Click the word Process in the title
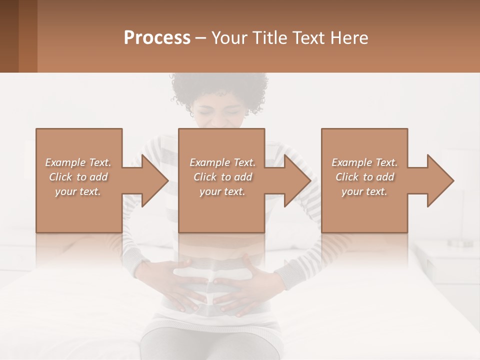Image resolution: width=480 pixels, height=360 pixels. pos(157,38)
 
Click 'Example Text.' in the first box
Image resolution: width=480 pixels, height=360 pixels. pos(78,162)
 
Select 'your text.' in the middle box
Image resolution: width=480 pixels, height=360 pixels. pos(222,191)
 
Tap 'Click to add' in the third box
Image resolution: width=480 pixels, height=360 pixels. pos(365,177)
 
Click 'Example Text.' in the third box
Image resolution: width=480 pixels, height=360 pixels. pos(364,162)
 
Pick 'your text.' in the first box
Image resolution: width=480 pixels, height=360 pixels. pos(78,191)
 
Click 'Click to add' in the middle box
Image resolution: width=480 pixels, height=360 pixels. pos(222,177)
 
